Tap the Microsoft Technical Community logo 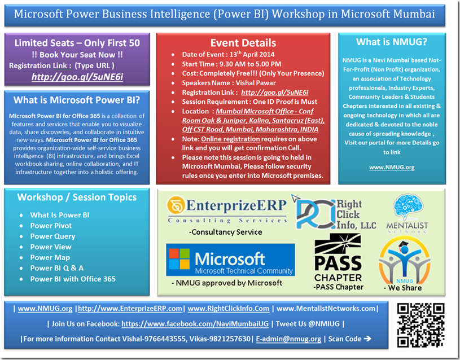coord(230,260)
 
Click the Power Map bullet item coord(50,257)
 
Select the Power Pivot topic coord(51,225)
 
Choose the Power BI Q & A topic coord(56,268)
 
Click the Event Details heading coord(243,43)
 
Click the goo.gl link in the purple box coord(77,77)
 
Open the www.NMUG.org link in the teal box coord(392,167)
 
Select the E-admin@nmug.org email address coord(288,339)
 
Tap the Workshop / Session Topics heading coord(77,197)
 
